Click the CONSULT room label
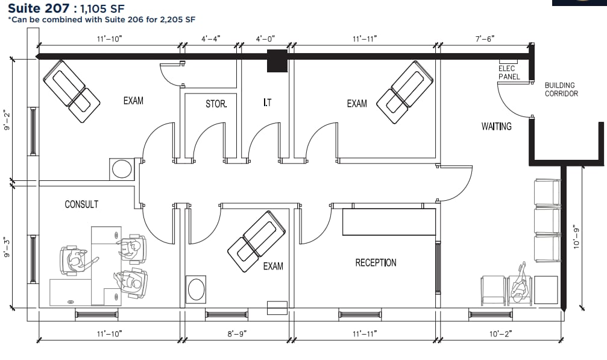[x=81, y=204]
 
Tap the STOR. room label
[x=216, y=104]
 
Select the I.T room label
[x=267, y=103]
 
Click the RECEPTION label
[x=376, y=263]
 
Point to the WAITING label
[x=496, y=127]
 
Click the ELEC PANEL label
[x=508, y=73]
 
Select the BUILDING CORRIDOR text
[x=561, y=89]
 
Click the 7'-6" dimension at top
[x=484, y=39]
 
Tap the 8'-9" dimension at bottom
[x=237, y=333]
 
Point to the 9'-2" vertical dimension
[x=7, y=120]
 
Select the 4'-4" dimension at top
[x=211, y=39]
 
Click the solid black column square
[x=277, y=61]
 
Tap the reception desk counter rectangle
[x=389, y=222]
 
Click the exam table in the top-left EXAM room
[x=71, y=92]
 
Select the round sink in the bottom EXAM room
[x=197, y=289]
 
